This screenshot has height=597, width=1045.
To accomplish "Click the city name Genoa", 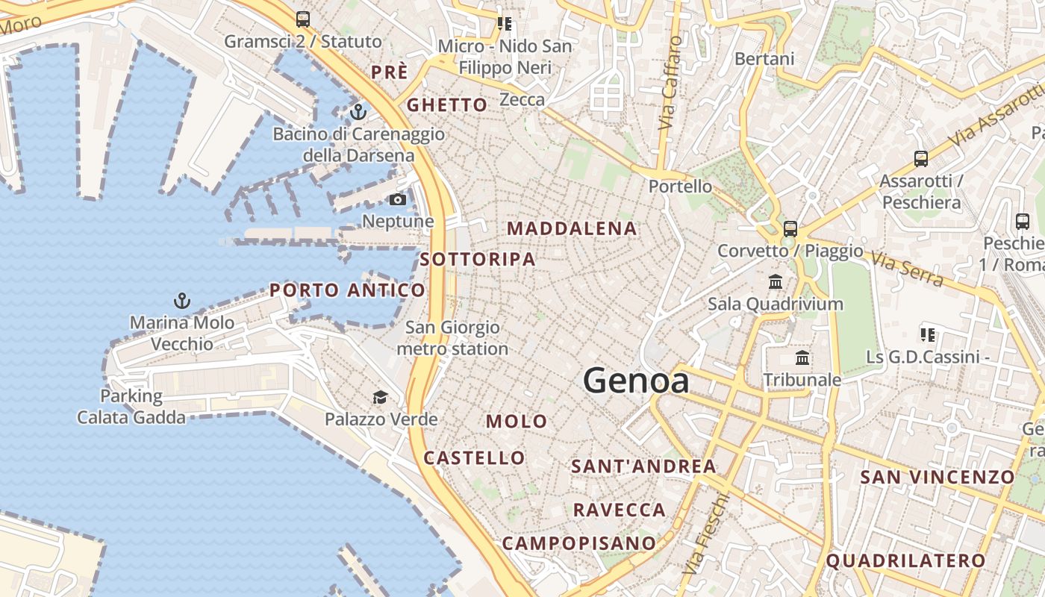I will tap(635, 381).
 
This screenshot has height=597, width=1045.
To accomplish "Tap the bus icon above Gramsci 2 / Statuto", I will tap(302, 19).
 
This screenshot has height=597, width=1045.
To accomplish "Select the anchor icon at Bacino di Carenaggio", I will tap(358, 112).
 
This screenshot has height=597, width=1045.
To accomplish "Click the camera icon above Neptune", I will tap(398, 199).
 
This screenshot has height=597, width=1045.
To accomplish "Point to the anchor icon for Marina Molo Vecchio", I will tap(181, 301).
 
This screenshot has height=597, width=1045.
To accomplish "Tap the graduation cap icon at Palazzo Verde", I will tap(381, 397).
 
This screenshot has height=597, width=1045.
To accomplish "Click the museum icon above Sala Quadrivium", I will tap(776, 282).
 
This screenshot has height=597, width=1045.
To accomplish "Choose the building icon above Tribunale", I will tap(802, 358).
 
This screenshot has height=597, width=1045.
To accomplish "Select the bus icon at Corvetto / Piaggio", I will tap(790, 229).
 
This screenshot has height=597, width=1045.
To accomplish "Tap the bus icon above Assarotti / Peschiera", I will tap(921, 158).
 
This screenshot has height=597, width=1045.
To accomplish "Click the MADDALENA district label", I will tap(573, 228).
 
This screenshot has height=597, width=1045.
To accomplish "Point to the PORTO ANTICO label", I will tap(347, 290).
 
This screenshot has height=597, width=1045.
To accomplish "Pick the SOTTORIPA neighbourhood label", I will tap(478, 259).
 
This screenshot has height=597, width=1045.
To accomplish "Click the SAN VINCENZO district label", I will tap(938, 476).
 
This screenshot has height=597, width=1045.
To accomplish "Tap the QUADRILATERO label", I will tap(905, 560).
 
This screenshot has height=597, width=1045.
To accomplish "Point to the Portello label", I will tap(680, 186).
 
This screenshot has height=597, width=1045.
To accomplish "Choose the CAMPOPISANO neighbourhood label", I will tap(578, 543).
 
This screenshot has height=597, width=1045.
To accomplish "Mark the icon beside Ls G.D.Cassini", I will tap(928, 335).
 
